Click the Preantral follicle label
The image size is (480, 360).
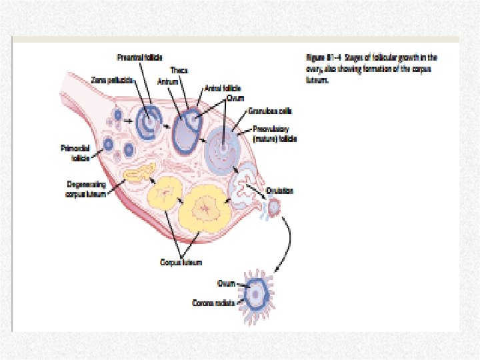point(140,57)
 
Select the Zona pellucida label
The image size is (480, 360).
point(114,79)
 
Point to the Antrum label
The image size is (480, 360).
point(166,81)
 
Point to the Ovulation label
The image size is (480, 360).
point(279,191)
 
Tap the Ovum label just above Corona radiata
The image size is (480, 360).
point(226,283)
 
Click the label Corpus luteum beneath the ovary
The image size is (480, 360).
point(177,262)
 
